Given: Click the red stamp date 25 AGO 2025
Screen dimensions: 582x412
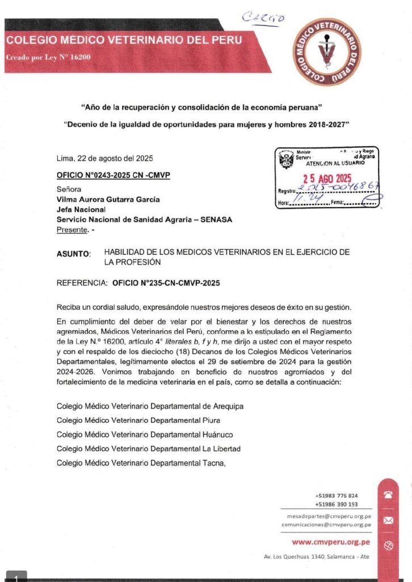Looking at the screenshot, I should click(x=327, y=178).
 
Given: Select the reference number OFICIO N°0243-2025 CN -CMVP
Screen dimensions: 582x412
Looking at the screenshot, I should click(x=113, y=175).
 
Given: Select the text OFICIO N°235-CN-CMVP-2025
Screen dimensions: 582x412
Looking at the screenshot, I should click(x=166, y=282).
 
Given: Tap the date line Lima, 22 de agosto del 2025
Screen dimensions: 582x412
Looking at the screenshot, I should click(x=105, y=159).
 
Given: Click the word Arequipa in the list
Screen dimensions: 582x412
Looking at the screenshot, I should click(x=228, y=406).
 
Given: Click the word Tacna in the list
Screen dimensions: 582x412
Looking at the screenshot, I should click(x=212, y=463).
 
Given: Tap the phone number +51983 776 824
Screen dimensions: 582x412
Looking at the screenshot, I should click(x=337, y=496).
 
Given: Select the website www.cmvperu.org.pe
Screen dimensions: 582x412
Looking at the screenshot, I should click(x=332, y=543).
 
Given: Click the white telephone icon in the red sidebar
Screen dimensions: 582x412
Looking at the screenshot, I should click(x=388, y=495).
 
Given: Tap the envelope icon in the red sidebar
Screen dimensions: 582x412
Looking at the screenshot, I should click(x=388, y=520).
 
